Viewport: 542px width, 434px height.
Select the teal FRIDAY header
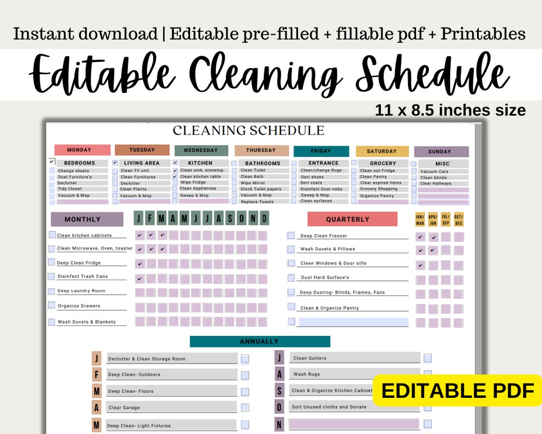(x=321, y=151)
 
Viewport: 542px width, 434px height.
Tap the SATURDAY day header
(x=381, y=151)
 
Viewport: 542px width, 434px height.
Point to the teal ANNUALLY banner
(x=259, y=342)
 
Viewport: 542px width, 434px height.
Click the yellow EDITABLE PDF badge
(x=457, y=390)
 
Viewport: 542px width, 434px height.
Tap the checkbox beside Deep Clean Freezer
(x=291, y=235)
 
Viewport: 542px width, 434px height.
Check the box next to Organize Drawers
(x=52, y=305)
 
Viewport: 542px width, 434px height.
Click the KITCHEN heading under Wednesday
(x=200, y=163)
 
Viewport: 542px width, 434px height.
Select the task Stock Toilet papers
(x=260, y=189)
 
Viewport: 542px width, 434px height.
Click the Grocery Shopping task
(x=378, y=189)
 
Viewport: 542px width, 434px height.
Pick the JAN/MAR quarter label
(x=420, y=220)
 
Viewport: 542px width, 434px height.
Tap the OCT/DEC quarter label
(x=458, y=220)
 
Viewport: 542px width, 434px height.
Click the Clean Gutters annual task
(x=310, y=358)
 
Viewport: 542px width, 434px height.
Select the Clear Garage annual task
(x=124, y=407)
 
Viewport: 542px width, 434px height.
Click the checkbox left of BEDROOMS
(x=52, y=162)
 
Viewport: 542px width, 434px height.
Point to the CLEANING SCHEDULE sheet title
(x=248, y=131)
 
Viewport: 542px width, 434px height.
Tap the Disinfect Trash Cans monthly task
(x=82, y=276)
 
